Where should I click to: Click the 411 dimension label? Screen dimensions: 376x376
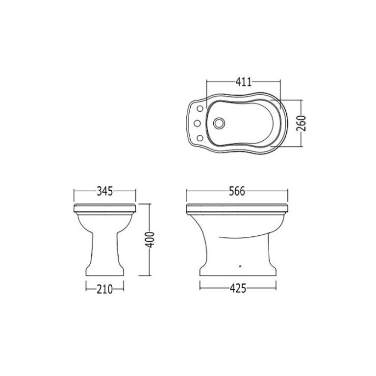coord(244,82)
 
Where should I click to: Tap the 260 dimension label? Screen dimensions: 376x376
coord(301,123)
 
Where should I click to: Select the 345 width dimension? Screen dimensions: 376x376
coord(105,191)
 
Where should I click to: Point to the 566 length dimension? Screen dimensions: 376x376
coord(237,191)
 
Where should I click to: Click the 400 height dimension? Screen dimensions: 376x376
coord(150,240)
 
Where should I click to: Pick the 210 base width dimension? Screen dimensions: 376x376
coord(105,289)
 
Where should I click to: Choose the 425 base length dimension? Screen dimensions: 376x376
coord(238,288)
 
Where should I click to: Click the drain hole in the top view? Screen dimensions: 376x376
coord(219,123)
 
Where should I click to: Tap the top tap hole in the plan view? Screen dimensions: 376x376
coord(200,109)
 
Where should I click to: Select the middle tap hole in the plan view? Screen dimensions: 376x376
coord(197,123)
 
